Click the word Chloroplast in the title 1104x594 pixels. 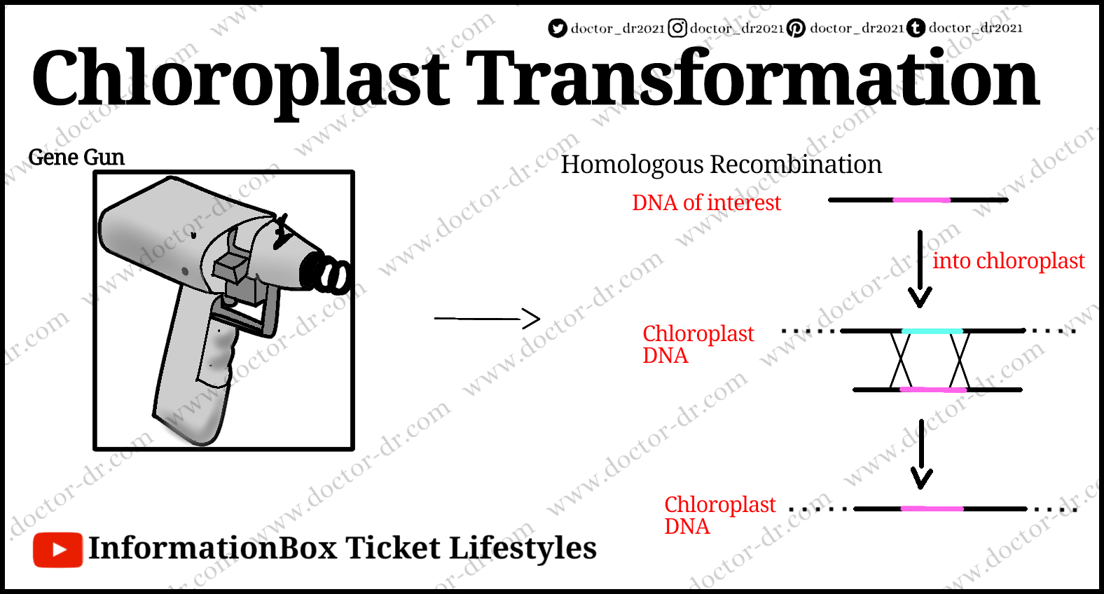240,79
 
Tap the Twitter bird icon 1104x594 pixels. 558,28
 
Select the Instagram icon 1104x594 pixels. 677,28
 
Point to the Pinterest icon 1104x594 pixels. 796,28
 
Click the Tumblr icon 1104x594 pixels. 916,28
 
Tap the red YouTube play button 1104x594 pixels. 57,550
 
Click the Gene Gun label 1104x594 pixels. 76,157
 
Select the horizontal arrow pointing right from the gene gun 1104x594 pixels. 487,319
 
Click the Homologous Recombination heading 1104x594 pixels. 721,164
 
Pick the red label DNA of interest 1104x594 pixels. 706,202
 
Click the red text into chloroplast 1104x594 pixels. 1009,261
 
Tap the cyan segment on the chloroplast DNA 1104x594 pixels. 932,331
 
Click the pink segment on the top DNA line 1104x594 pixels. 922,200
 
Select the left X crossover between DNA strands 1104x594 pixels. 900,360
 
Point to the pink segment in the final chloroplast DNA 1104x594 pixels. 932,509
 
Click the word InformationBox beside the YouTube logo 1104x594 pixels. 213,548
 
